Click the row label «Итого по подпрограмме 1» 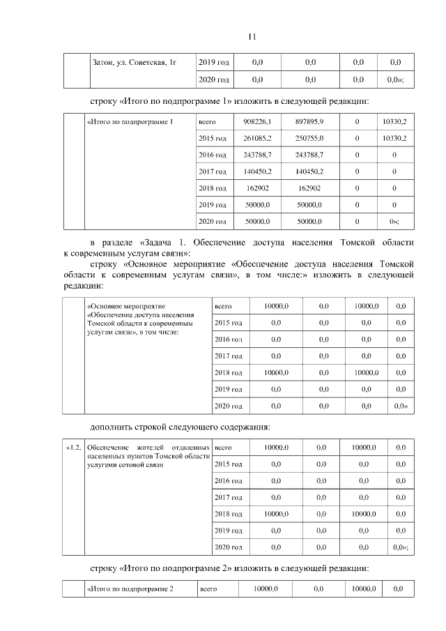click(x=130, y=122)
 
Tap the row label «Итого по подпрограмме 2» click(x=130, y=589)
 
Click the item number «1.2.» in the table click(x=74, y=447)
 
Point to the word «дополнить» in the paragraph click(x=114, y=427)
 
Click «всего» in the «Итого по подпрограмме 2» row click(x=208, y=589)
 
